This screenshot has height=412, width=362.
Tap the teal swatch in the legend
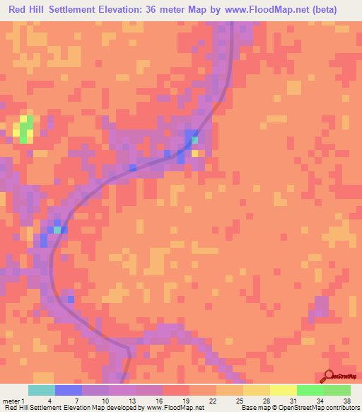42,390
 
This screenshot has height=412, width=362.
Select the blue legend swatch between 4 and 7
69,390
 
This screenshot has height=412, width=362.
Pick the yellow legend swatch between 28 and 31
284,390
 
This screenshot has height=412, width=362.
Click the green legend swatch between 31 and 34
310,390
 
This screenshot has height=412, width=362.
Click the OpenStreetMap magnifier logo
328,377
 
